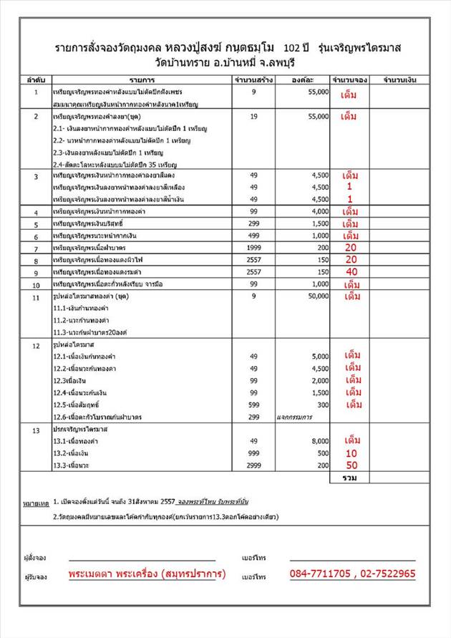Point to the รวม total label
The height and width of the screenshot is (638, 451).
coord(350,477)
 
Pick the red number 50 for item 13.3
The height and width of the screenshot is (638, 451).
coord(351,465)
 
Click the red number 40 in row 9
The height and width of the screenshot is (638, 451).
coord(351,272)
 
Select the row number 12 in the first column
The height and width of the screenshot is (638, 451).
coord(36,346)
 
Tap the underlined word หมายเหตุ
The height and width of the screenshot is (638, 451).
coord(35,504)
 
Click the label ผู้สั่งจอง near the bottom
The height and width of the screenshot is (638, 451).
coord(35,556)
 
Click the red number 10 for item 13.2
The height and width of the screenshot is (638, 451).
coord(351,453)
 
